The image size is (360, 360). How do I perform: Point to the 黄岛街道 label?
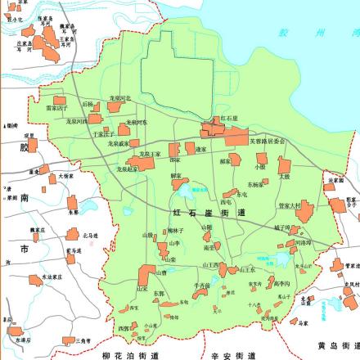tap(335, 344)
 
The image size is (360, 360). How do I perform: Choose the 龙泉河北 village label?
tap(120, 98)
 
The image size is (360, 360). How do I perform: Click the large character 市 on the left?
tap(25, 246)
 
